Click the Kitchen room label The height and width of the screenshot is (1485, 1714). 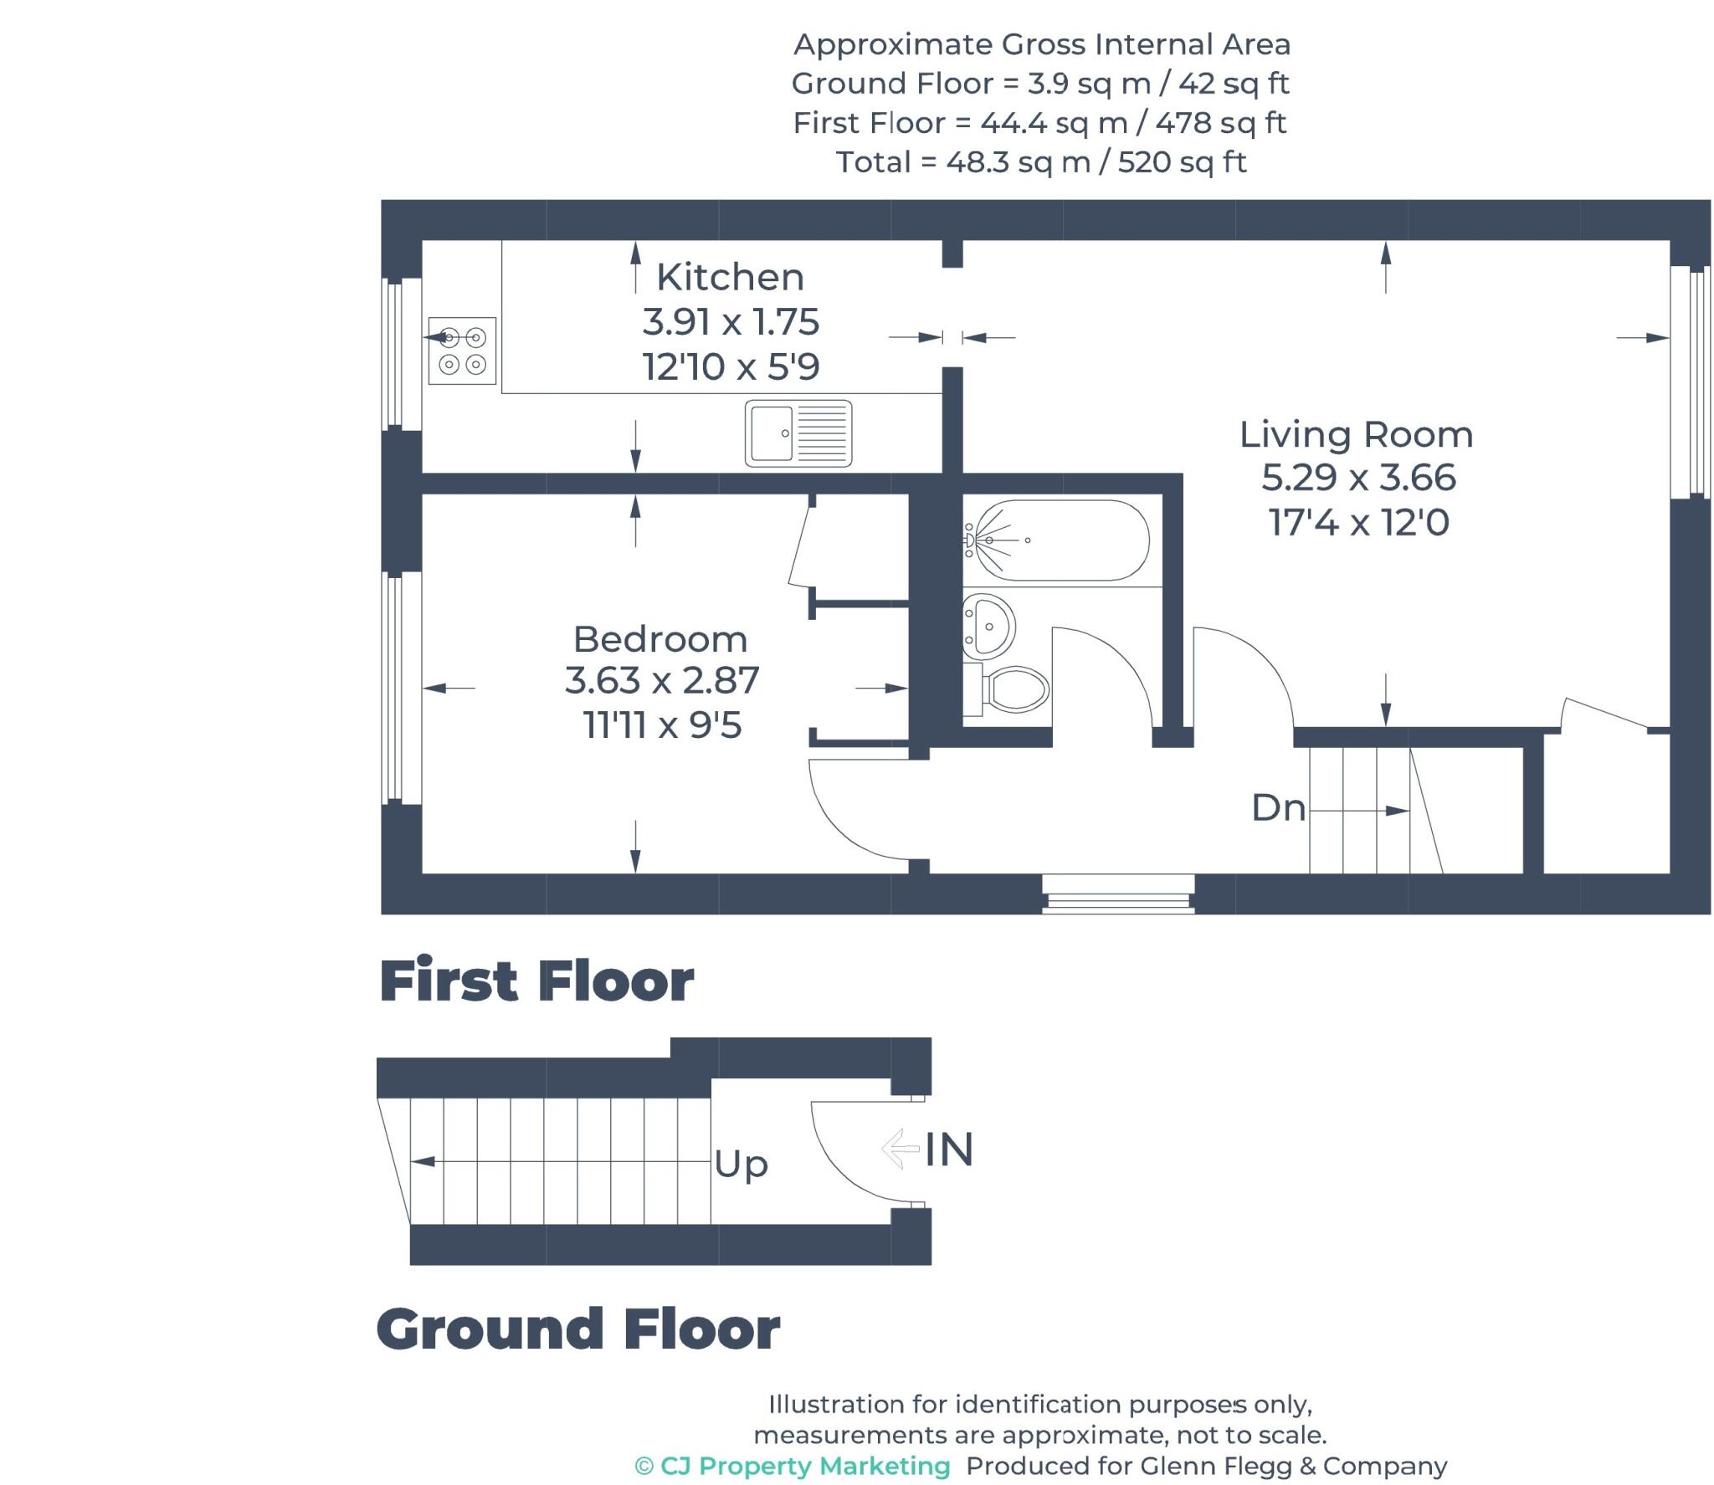(729, 277)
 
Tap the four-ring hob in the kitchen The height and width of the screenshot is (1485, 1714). (462, 351)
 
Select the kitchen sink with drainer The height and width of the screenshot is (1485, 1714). (798, 433)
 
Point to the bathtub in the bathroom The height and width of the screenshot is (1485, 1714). (1057, 540)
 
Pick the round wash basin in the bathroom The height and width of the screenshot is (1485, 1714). (989, 625)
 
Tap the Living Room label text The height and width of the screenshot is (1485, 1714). (1356, 434)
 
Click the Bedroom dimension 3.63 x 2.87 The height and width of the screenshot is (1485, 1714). (661, 680)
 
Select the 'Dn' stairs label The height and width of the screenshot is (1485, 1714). (1278, 808)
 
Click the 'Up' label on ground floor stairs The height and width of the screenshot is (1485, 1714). (741, 1164)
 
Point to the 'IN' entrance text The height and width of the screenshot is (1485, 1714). (949, 1150)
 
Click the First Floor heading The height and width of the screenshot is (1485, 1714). (536, 981)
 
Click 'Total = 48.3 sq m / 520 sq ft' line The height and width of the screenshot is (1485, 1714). (1041, 161)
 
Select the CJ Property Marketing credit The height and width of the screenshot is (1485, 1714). (793, 1466)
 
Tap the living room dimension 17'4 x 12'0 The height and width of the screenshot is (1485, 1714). (1358, 523)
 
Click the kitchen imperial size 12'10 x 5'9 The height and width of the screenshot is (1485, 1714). (731, 366)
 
